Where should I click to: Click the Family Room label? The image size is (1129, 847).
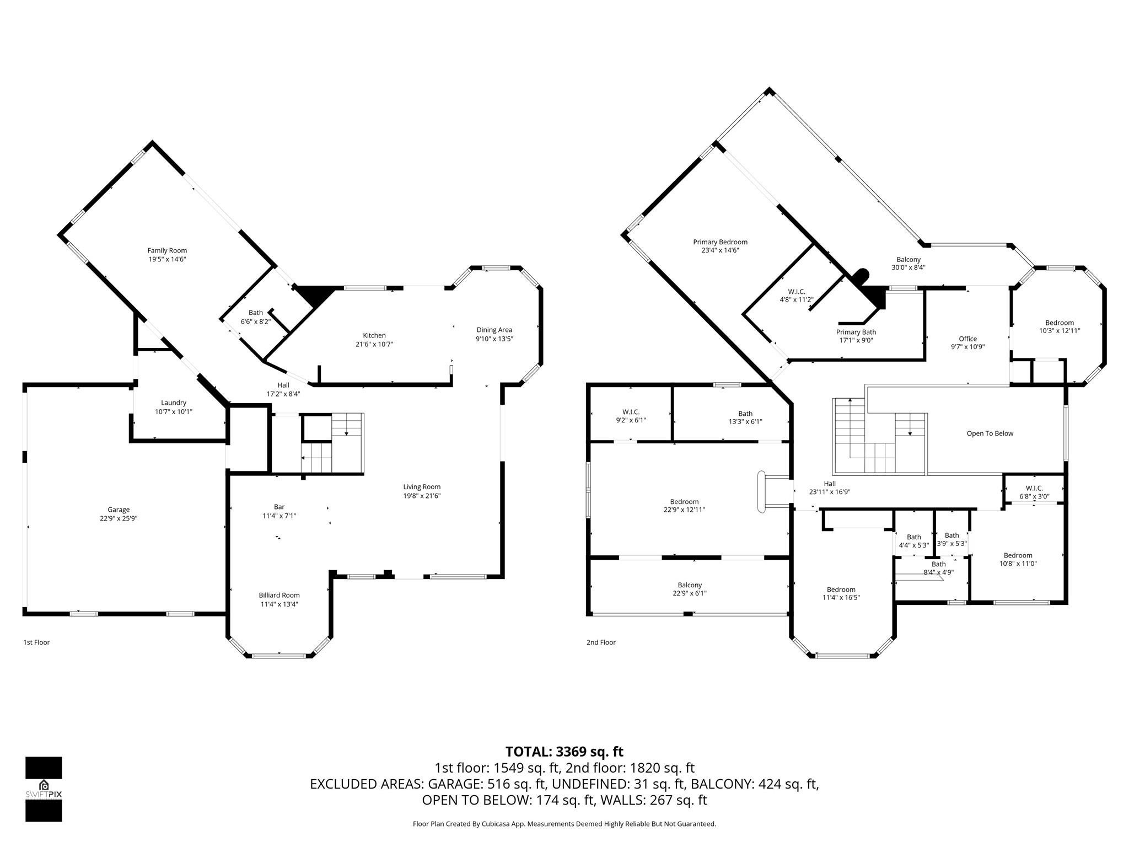pos(167,250)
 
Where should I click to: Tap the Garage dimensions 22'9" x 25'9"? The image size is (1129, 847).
pos(119,518)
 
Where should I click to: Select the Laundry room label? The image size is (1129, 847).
pos(174,403)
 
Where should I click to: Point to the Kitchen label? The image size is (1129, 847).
pos(374,335)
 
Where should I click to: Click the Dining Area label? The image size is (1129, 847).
pos(494,330)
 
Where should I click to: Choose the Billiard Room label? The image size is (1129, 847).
pos(279,595)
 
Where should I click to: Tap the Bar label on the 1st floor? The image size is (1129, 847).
pos(279,507)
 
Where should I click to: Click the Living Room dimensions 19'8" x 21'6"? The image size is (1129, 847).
pos(422,496)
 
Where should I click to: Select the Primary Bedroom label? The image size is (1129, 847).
pos(720,242)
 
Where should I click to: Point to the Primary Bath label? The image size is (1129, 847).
pos(856,332)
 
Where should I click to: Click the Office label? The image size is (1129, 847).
pos(967,339)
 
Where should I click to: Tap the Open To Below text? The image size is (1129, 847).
pos(990,433)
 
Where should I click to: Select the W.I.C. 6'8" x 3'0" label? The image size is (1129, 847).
pos(1034,492)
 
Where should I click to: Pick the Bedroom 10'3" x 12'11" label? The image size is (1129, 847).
pos(1060,326)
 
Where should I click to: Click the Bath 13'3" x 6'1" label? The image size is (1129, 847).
pos(745,417)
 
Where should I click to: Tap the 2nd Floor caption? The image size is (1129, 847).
pos(601,642)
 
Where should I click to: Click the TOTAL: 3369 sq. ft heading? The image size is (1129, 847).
pos(564,752)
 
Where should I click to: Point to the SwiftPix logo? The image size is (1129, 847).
pos(44,789)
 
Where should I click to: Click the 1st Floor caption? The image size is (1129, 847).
pos(36,642)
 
